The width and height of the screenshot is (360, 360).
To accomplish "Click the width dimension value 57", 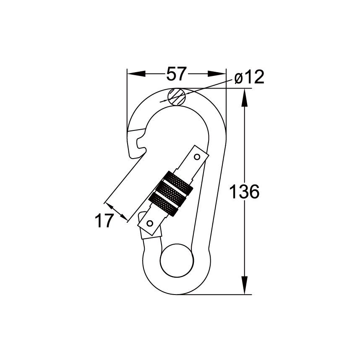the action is pyautogui.click(x=176, y=74).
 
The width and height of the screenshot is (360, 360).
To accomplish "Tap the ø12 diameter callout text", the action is pyautogui.click(x=249, y=77).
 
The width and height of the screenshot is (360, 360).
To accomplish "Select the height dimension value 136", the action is pyautogui.click(x=244, y=191).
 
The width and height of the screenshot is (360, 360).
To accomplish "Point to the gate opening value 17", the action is pyautogui.click(x=104, y=220).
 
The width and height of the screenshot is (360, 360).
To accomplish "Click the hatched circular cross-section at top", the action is pyautogui.click(x=177, y=97).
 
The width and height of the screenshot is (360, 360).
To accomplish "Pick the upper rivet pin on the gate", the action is pyautogui.click(x=196, y=157).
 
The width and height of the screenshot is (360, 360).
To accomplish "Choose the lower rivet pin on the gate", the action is pyautogui.click(x=150, y=223).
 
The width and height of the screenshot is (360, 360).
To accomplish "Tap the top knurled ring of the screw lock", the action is pyautogui.click(x=176, y=181).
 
